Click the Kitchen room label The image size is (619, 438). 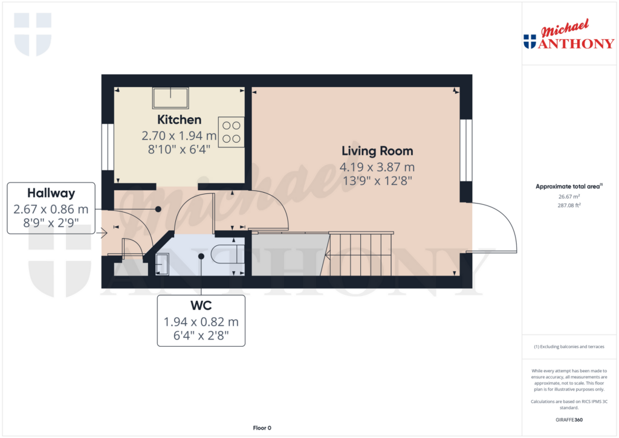point(179,120)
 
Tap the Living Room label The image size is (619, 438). point(377,151)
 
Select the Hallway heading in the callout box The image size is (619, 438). point(51,193)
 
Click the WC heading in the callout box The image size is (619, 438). point(201,306)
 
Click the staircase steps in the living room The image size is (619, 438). point(360,254)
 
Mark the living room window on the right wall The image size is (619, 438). point(465,150)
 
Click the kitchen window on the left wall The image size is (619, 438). point(108,147)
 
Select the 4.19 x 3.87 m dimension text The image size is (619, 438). point(377,167)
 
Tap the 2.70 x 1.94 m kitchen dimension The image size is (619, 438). point(179,136)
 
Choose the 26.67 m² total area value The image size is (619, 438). point(569,196)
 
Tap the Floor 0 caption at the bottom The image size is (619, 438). point(262,428)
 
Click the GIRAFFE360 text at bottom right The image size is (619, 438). point(569,419)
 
